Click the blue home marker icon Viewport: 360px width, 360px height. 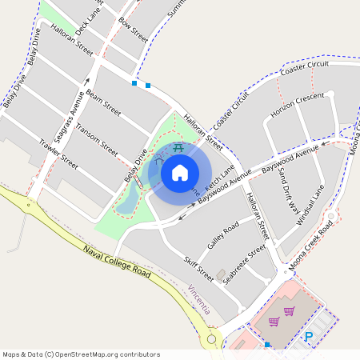180,172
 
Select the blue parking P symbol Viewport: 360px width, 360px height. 308,338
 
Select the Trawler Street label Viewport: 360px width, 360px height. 58,154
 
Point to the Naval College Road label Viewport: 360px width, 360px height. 117,262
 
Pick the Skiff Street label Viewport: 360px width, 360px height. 198,270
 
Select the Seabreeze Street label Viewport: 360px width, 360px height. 244,265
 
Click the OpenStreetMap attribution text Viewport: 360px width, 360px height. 81,354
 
